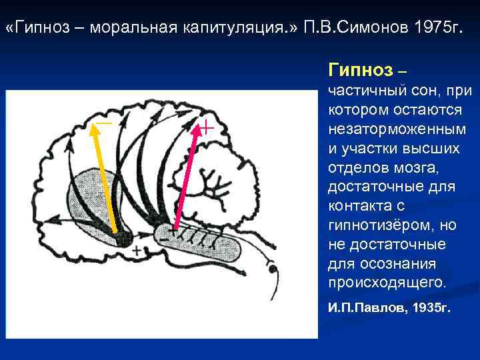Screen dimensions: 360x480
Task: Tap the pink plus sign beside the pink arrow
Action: [x=208, y=127]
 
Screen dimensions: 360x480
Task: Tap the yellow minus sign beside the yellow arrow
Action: [x=103, y=123]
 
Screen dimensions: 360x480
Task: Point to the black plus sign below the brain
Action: [x=137, y=251]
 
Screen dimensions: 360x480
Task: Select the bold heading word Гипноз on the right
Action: [x=360, y=70]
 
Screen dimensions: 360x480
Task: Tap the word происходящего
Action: [x=384, y=283]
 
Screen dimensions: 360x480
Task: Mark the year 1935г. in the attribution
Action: [x=429, y=309]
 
